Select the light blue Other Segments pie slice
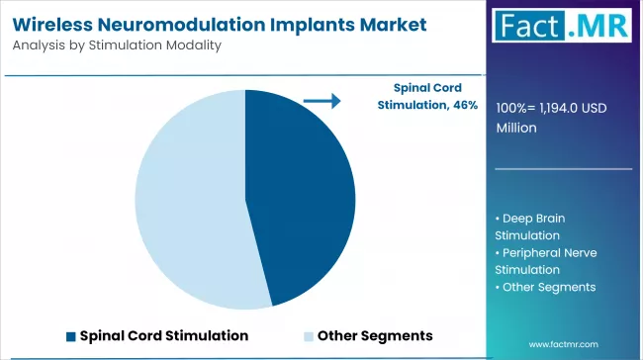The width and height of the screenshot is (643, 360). (188, 198)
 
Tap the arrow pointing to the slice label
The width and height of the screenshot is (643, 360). (321, 101)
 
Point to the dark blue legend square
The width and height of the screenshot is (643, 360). (70, 335)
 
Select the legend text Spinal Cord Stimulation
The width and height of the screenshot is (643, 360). (163, 335)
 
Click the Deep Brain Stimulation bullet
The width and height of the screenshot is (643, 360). (534, 225)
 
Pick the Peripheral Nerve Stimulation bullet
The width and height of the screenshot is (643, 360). (543, 260)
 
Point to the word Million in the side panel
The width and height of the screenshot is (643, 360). (515, 128)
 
